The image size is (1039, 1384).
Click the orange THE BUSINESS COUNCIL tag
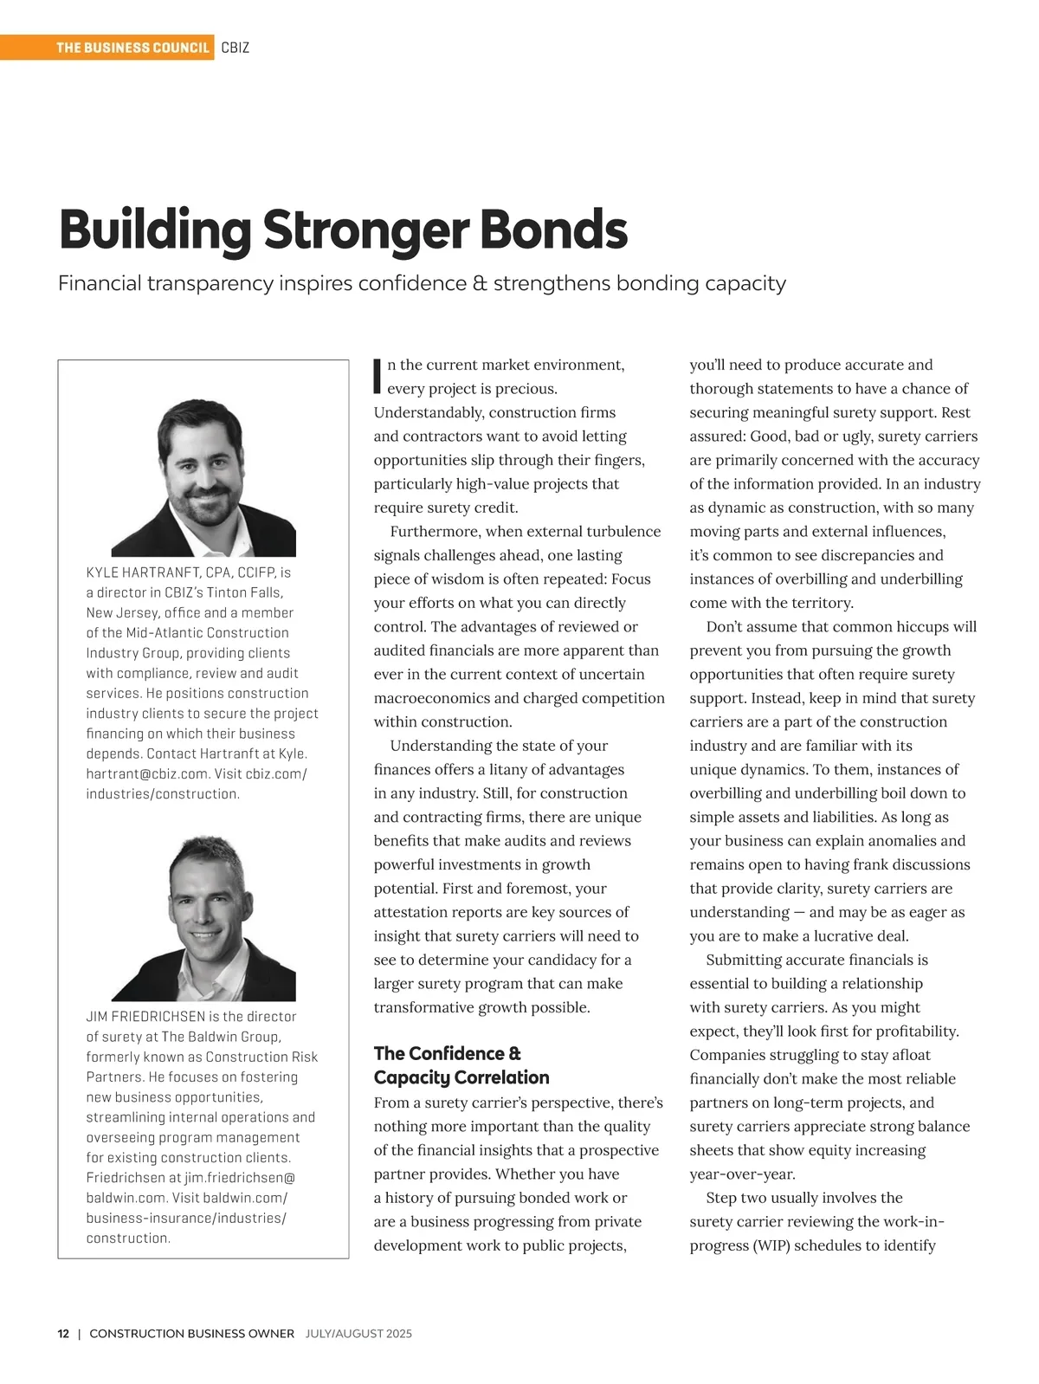click(132, 48)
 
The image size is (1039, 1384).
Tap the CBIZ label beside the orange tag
click(236, 48)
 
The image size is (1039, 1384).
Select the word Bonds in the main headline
click(553, 230)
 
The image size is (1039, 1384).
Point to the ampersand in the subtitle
click(480, 284)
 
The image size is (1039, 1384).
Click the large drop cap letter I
click(378, 373)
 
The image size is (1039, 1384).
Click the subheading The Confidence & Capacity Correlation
click(461, 1065)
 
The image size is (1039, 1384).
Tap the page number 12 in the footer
click(63, 1334)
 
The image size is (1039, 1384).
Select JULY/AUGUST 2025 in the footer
click(358, 1334)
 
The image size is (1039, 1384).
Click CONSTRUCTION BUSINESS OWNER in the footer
click(191, 1334)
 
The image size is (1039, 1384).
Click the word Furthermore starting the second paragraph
click(434, 532)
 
